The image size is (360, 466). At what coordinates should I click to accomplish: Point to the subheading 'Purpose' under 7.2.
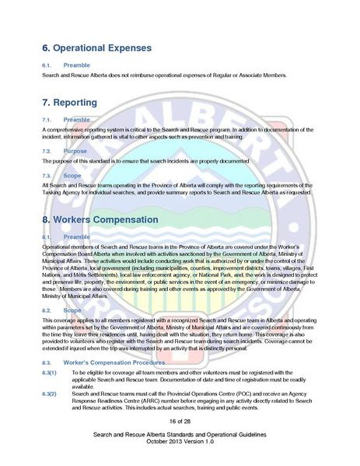[75, 150]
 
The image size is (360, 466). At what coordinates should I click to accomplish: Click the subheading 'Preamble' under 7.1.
[76, 119]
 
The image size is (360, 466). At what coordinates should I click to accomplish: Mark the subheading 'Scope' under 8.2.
[72, 310]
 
